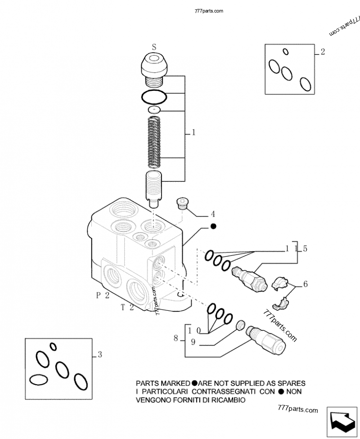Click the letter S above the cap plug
click(154, 46)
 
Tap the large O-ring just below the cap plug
click(153, 96)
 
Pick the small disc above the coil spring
click(154, 109)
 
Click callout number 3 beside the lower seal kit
click(99, 355)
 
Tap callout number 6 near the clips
click(305, 284)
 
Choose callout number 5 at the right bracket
click(305, 248)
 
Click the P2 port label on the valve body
click(103, 295)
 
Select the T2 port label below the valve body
click(128, 308)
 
